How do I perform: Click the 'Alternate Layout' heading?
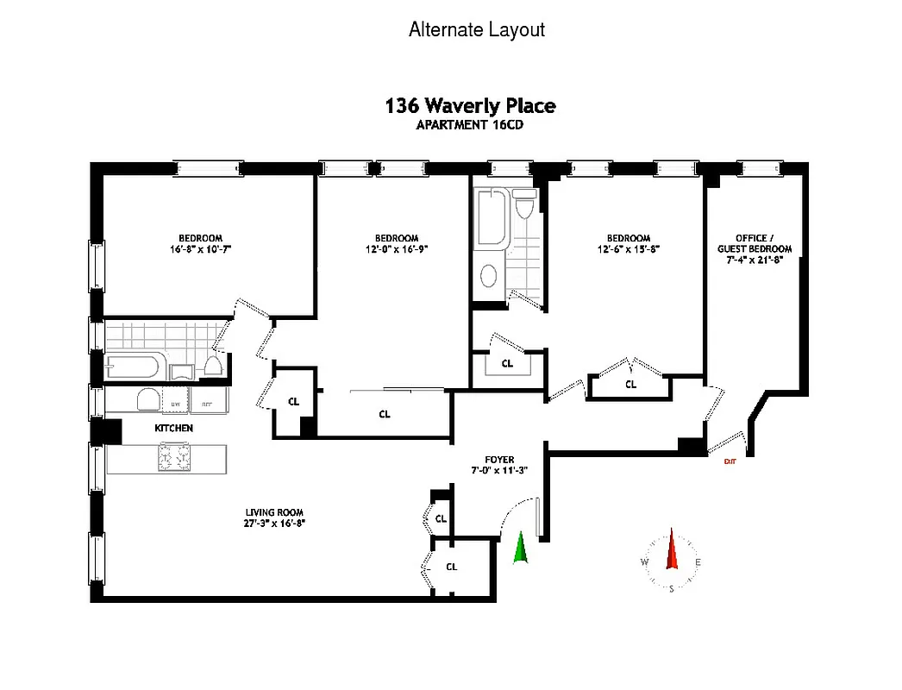[476, 29]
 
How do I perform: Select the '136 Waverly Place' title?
[470, 106]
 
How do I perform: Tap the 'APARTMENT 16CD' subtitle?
[470, 124]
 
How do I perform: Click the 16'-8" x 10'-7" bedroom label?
[200, 243]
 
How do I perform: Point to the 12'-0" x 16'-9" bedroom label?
[397, 243]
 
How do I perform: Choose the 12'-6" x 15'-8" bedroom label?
[628, 243]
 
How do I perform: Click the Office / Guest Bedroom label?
[755, 243]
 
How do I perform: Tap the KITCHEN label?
[173, 428]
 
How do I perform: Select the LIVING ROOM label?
[276, 517]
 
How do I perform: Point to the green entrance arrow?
[520, 549]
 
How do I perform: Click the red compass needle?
[672, 551]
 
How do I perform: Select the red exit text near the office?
[730, 461]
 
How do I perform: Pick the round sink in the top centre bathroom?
[488, 276]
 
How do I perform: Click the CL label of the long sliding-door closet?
[385, 414]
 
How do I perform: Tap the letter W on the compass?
[644, 562]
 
